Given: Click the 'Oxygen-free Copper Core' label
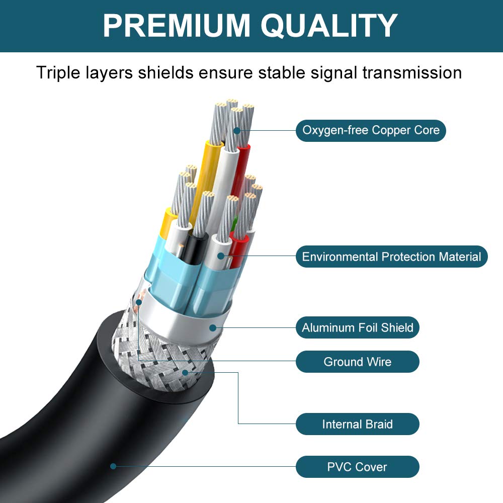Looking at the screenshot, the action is click(x=371, y=130).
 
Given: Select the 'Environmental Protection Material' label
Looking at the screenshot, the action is click(x=392, y=257).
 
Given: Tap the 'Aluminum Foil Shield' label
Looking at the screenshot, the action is click(x=357, y=327).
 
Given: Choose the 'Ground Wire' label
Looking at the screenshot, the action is click(x=357, y=362).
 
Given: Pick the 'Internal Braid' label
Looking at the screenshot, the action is click(x=357, y=424).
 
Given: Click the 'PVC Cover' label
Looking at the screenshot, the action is click(x=357, y=467).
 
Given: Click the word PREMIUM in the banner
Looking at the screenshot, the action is click(x=177, y=26).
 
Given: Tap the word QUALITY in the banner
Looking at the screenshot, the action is click(x=329, y=26).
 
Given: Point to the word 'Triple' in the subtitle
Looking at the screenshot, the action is click(x=58, y=73).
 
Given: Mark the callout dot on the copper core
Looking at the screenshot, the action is click(x=237, y=131).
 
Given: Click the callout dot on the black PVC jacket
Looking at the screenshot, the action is click(x=113, y=466).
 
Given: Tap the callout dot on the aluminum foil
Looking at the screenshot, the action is click(x=213, y=328).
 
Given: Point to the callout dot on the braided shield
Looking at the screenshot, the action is click(x=185, y=372).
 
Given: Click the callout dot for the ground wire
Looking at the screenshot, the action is click(x=139, y=302).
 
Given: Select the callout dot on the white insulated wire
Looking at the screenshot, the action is click(x=221, y=256).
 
